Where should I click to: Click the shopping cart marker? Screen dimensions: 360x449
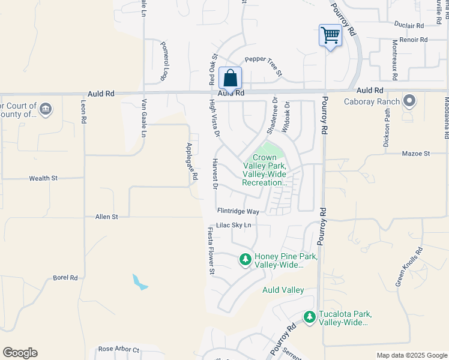pos(330,35)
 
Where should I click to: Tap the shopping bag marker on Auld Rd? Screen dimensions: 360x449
pos(230,78)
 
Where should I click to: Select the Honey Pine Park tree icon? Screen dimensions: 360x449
pos(245,260)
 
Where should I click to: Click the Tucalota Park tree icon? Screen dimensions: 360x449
pos(309,317)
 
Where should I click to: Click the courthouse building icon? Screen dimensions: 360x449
pos(46,109)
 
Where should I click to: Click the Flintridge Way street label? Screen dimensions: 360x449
pos(238,211)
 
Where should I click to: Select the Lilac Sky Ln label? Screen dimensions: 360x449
pos(234,225)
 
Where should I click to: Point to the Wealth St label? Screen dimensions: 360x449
pos(43,178)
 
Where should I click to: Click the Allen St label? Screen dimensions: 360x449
pos(106,216)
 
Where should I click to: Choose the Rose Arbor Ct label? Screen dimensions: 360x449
pos(118,349)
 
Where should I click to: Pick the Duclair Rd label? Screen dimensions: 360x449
pos(409,25)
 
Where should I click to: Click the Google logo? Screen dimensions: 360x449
pos(20,353)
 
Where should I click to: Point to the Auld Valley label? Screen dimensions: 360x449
pos(283,290)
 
